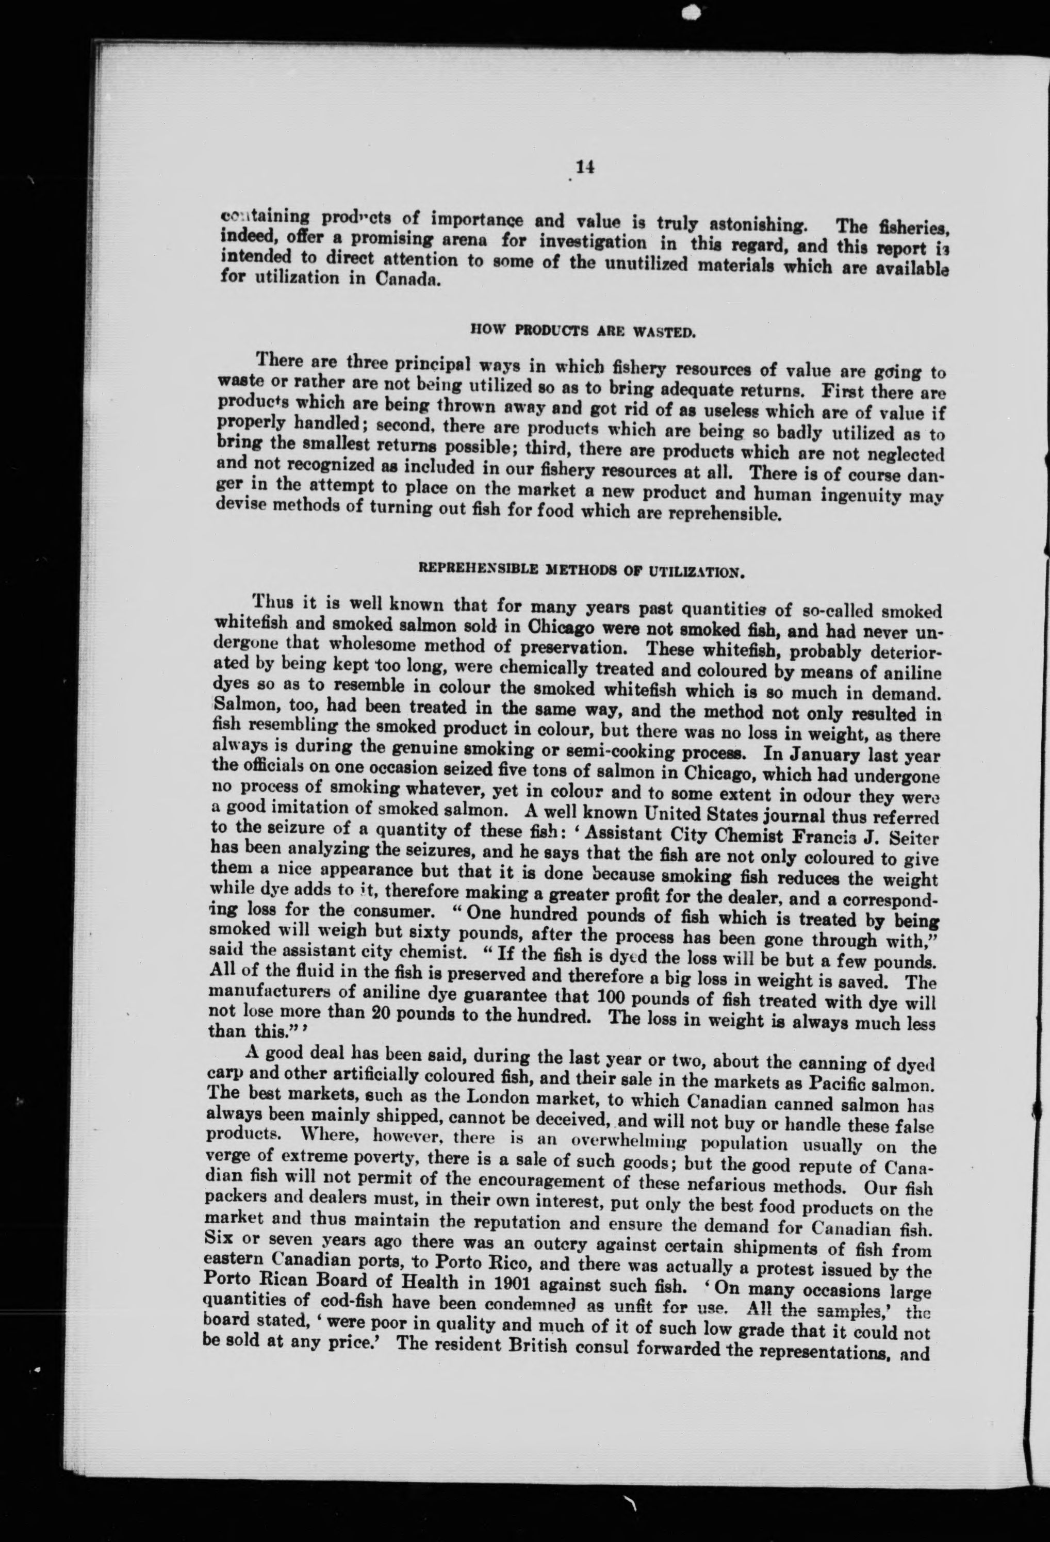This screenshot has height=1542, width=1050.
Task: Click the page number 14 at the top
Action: [x=585, y=168]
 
